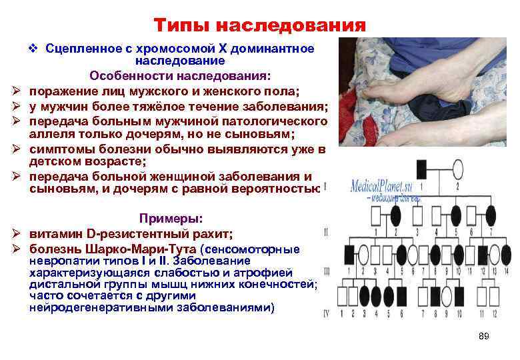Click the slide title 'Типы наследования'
click(260, 25)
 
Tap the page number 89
click(484, 336)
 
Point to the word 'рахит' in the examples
click(213, 233)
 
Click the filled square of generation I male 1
click(421, 167)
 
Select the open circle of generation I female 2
click(457, 167)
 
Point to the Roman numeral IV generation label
click(327, 312)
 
